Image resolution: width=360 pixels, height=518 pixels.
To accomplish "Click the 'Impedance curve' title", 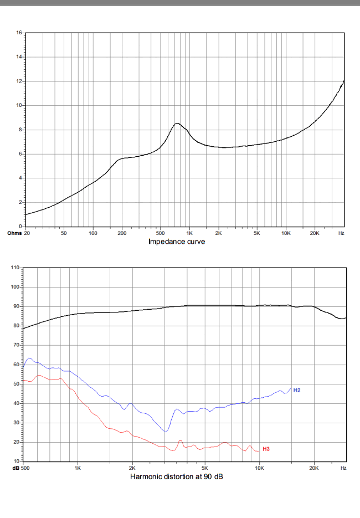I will point(176,242).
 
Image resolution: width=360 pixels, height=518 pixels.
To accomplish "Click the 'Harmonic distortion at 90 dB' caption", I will point(177,476).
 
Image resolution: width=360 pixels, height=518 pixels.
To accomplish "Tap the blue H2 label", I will point(297,391).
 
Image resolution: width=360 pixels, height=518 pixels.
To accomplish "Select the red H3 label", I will point(266,448).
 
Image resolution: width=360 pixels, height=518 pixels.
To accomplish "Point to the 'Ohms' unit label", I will point(14,233).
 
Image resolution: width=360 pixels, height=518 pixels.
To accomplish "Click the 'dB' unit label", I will point(16,468).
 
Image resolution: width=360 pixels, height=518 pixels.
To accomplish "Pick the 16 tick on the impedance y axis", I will point(19,33).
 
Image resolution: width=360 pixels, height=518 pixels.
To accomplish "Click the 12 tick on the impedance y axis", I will point(19,81).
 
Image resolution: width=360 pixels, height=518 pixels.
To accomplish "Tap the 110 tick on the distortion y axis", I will point(16,268).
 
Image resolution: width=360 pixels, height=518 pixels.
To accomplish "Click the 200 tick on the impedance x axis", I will point(122,234).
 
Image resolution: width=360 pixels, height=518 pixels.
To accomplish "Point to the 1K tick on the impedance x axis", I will point(189,234).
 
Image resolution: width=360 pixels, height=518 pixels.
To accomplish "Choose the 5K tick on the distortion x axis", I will point(204,468).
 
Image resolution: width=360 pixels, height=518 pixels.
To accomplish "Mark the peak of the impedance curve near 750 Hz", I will point(177,124).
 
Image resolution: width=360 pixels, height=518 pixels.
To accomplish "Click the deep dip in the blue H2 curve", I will point(166,431).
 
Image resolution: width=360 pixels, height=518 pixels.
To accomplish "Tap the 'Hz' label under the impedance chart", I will point(341,234).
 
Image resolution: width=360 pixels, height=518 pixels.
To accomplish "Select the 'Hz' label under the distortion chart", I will point(343,468).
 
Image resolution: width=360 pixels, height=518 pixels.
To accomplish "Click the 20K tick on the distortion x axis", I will point(314,468).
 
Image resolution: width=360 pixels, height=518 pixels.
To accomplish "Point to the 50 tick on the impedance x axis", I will point(64,234).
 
